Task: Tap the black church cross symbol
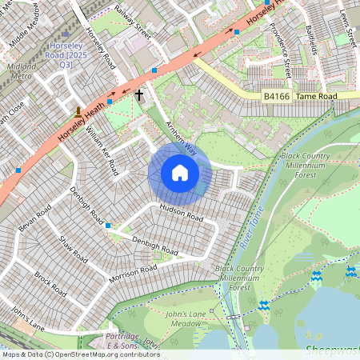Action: [x=140, y=95]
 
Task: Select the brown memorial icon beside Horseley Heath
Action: [x=78, y=112]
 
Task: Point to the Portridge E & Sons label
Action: [x=124, y=342]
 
